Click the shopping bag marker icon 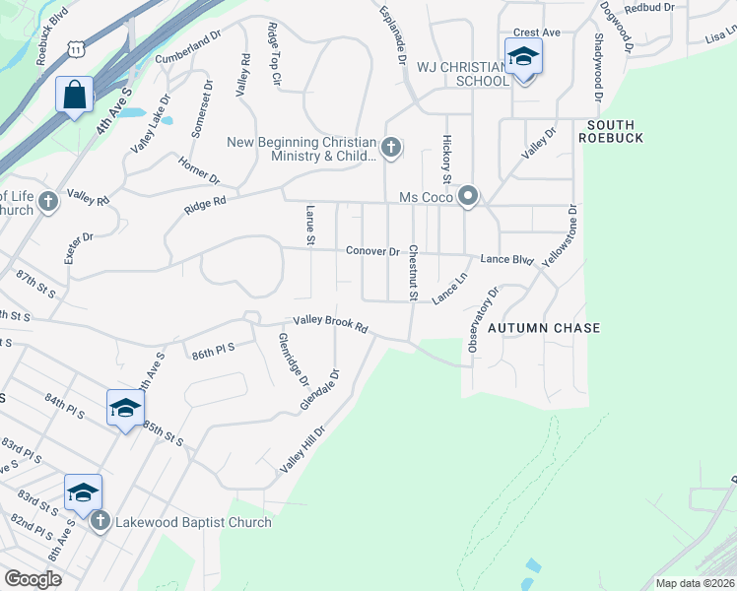point(74,96)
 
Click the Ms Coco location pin point(468,198)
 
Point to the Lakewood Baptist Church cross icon point(100,522)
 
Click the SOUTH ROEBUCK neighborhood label point(615,131)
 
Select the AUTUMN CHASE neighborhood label point(544,328)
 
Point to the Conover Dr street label point(371,251)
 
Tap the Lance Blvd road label point(506,260)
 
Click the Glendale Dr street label point(319,390)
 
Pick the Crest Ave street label point(538,33)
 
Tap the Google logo point(32,579)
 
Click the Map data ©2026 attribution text point(694,583)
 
